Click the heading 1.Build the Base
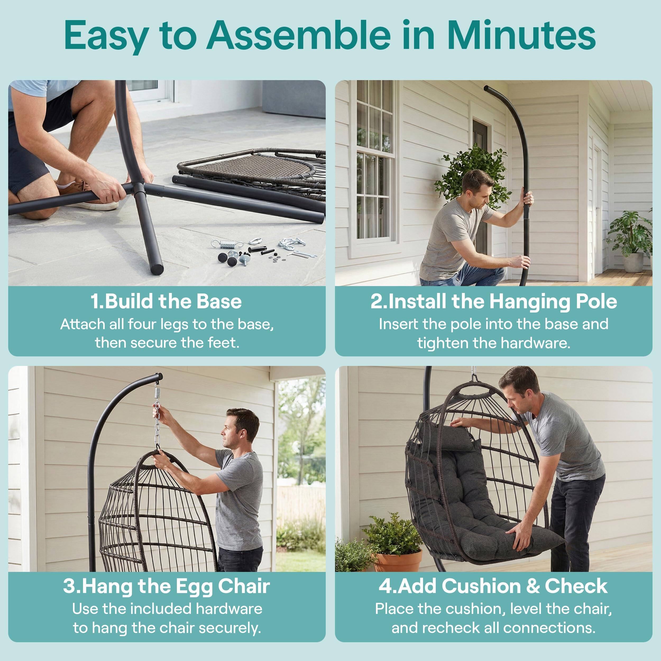pyautogui.click(x=166, y=301)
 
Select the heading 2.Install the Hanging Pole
pyautogui.click(x=494, y=301)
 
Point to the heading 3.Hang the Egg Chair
pyautogui.click(x=166, y=586)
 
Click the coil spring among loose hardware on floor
pyautogui.click(x=226, y=244)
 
